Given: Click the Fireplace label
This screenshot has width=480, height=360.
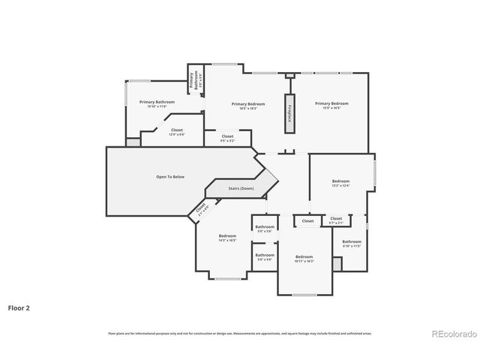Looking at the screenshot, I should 287,113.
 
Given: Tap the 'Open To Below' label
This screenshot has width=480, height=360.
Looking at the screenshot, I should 169,177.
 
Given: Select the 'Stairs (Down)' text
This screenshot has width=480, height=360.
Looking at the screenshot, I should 241,188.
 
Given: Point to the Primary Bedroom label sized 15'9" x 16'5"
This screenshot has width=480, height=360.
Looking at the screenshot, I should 331,106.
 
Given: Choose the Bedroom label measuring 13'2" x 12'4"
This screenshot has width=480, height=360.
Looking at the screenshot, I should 340,183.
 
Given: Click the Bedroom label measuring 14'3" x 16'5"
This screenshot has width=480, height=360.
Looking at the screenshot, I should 227,238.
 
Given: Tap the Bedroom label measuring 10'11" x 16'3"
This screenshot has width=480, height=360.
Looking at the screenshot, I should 304,258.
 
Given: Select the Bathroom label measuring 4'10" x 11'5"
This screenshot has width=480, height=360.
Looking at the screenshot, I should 352,243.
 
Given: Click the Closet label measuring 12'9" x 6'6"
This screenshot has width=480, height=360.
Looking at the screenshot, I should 176,131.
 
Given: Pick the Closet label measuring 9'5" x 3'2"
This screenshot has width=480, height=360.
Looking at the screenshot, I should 227,138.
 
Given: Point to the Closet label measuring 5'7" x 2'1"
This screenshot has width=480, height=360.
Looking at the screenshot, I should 336,220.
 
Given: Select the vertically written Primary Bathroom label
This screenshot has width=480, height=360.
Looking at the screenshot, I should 193,81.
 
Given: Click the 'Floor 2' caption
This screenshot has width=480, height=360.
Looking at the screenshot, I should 19,307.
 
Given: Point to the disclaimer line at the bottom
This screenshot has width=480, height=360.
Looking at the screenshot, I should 240,333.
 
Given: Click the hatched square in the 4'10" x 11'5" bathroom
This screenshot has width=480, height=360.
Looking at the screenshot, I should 337,264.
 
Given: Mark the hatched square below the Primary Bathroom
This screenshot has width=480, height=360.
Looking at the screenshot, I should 132,141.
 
